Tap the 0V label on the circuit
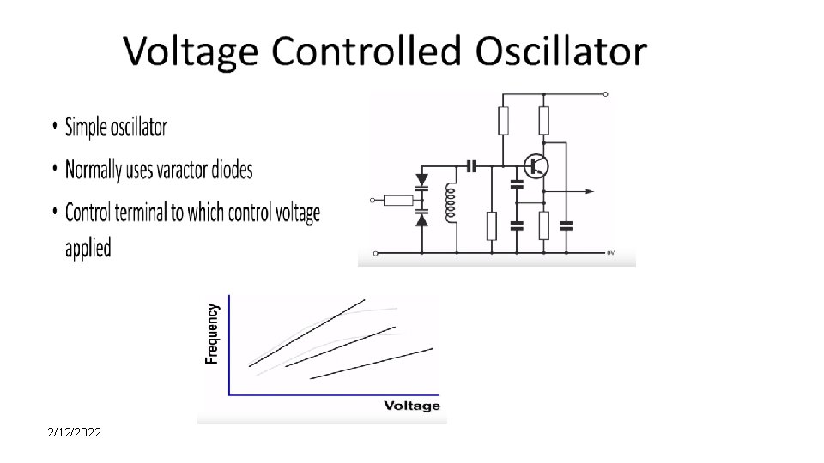[x=611, y=253]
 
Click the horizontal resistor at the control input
[x=397, y=201]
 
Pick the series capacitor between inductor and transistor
[x=470, y=165]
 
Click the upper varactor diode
[x=421, y=181]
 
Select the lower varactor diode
[x=421, y=219]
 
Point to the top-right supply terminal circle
[x=606, y=94]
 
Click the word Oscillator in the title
[x=561, y=51]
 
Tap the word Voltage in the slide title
[x=191, y=51]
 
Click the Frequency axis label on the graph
[x=212, y=334]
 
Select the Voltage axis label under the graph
[x=412, y=406]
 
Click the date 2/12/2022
[x=75, y=433]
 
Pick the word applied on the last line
[x=88, y=249]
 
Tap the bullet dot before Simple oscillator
[x=55, y=128]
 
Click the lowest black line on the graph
[x=369, y=363]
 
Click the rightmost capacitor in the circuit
[x=566, y=226]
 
